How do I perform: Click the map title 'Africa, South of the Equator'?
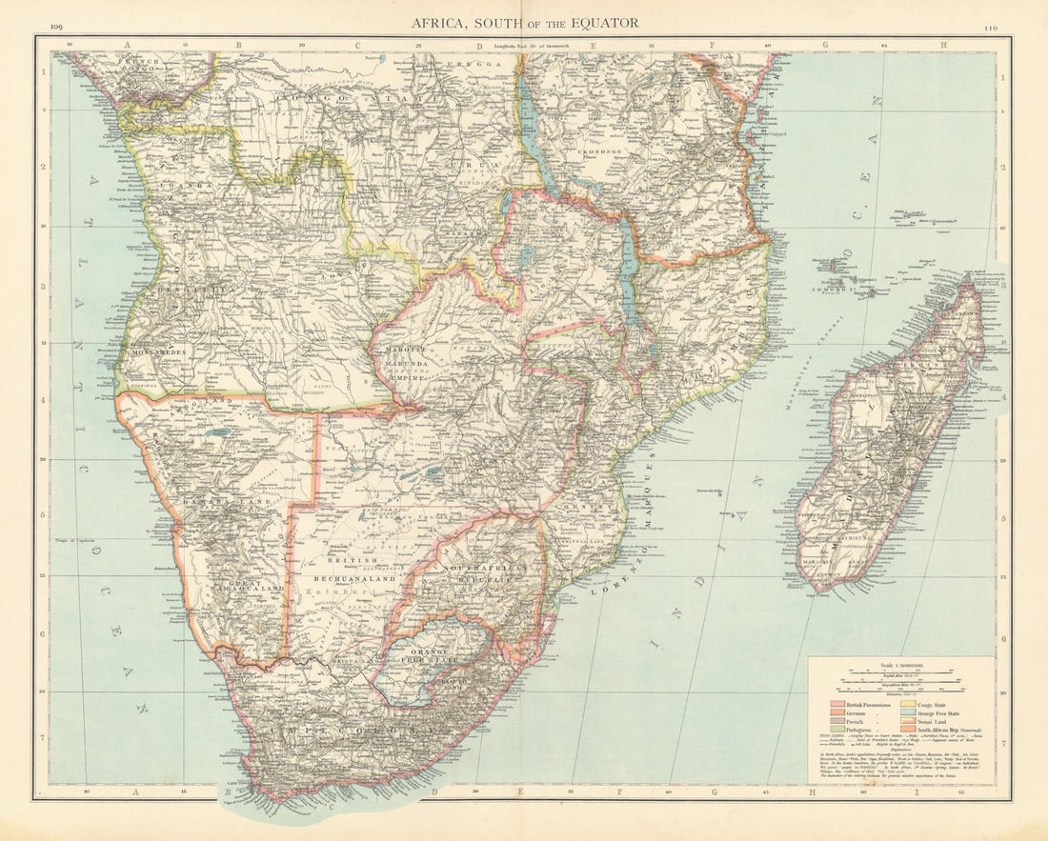tap(525, 22)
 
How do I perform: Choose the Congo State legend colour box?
tap(900, 705)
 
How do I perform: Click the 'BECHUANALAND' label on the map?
tap(358, 576)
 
